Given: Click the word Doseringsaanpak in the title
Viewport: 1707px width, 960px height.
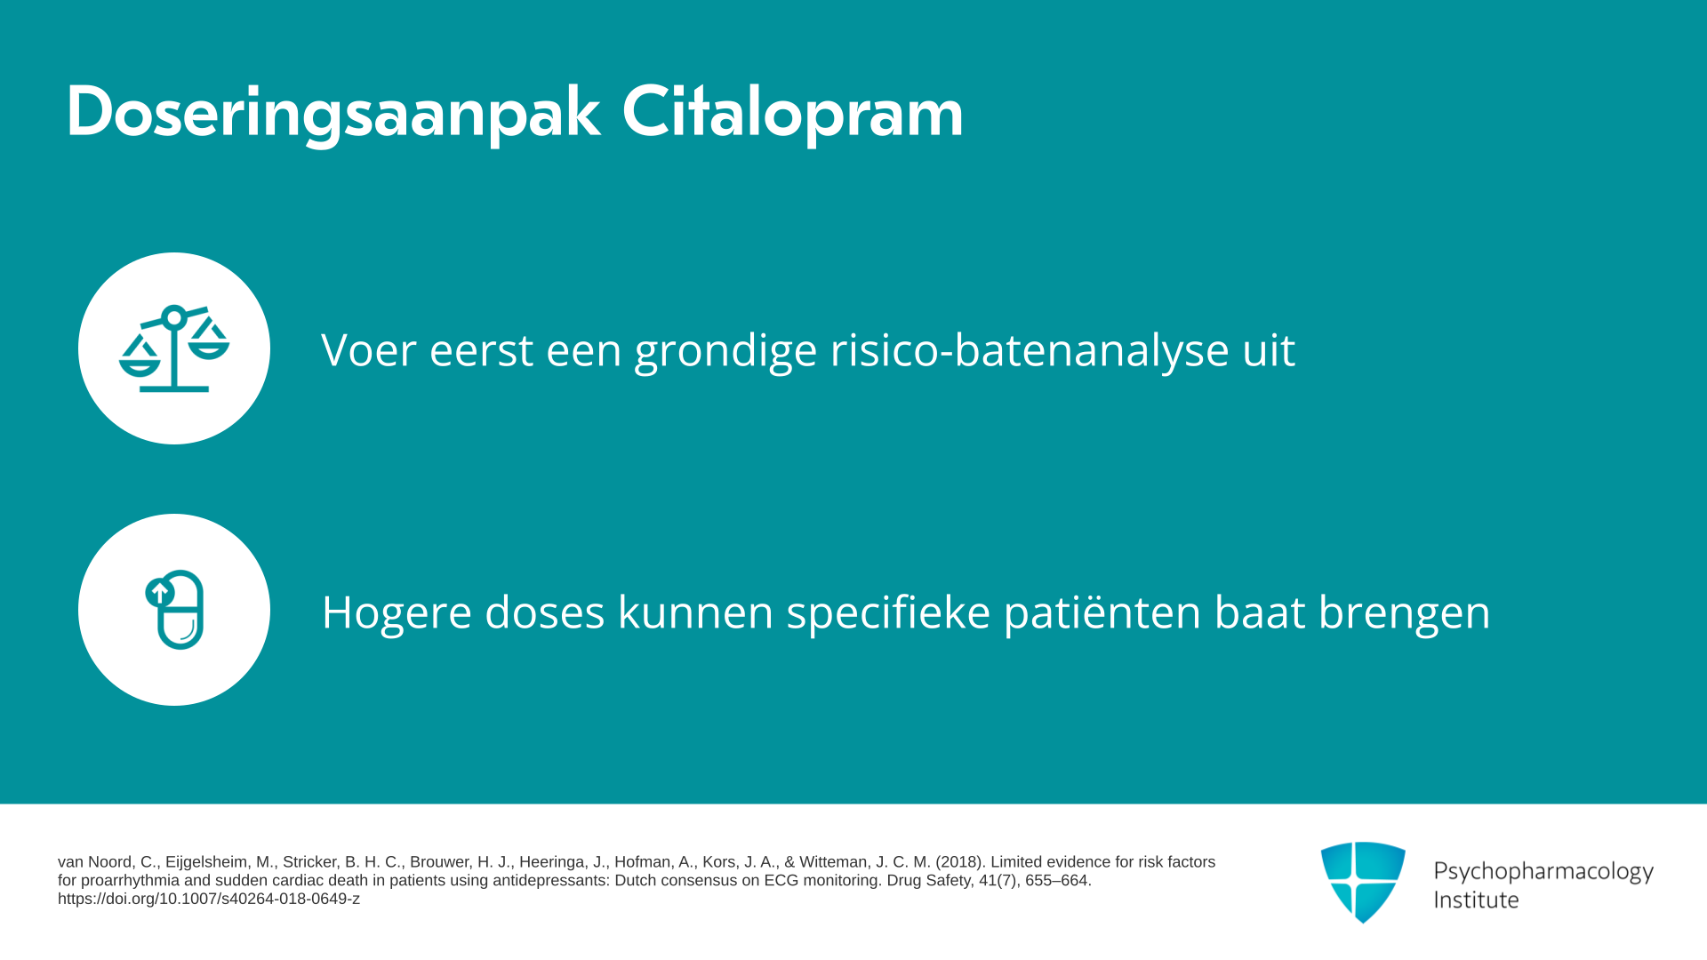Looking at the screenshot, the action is (x=333, y=113).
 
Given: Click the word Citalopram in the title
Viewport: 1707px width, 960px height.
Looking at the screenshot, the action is (x=792, y=113).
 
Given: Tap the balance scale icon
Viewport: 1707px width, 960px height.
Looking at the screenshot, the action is (x=174, y=348).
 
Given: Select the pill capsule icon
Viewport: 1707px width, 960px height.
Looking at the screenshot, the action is (x=174, y=610).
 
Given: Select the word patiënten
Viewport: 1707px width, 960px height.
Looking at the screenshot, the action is (x=1102, y=612).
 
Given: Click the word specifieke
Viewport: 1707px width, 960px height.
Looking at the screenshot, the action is (x=888, y=612).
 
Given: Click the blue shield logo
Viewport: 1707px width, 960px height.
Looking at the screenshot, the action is (x=1363, y=882).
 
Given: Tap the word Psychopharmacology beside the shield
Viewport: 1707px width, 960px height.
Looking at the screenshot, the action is (x=1543, y=872).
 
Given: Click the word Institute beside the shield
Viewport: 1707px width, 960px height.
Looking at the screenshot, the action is (x=1476, y=900).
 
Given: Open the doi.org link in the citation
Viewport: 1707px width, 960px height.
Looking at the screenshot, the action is (x=209, y=899).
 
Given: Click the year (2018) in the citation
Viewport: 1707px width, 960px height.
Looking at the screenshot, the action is (x=960, y=862).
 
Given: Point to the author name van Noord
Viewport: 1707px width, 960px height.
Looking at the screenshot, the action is (x=97, y=862).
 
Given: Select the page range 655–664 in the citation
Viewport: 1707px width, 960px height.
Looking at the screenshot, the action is (x=1057, y=881).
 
